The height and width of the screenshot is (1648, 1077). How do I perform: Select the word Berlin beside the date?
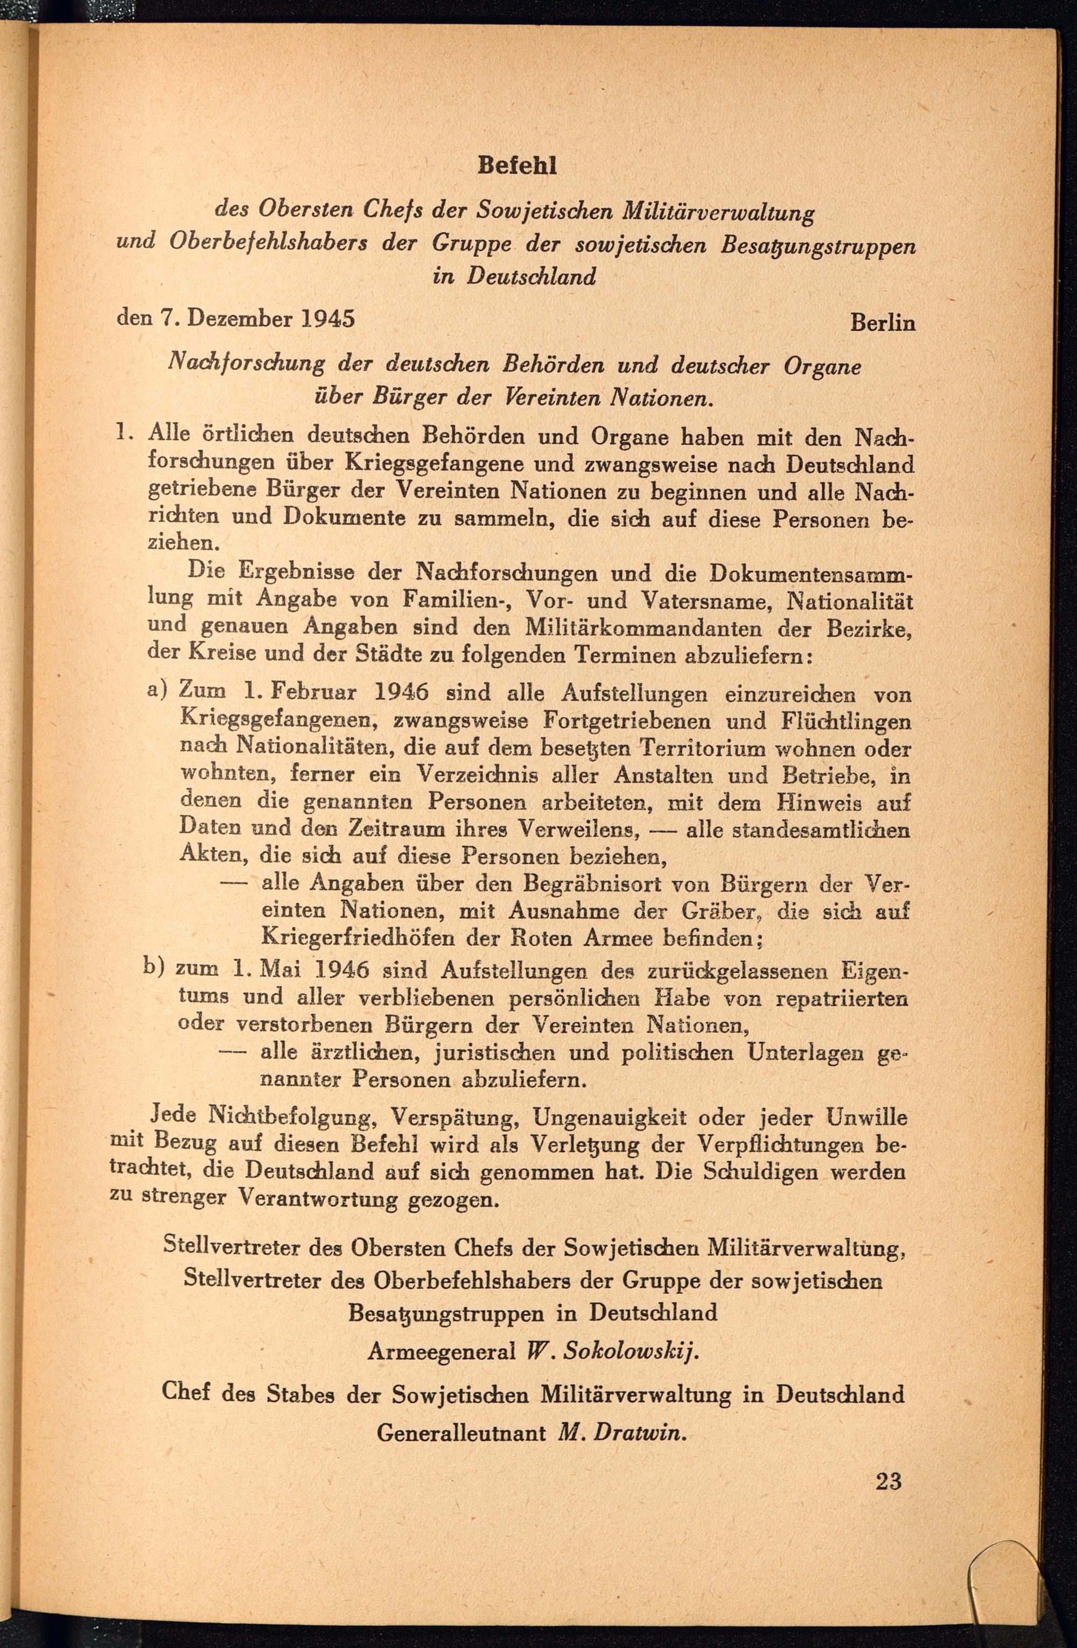tap(883, 323)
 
